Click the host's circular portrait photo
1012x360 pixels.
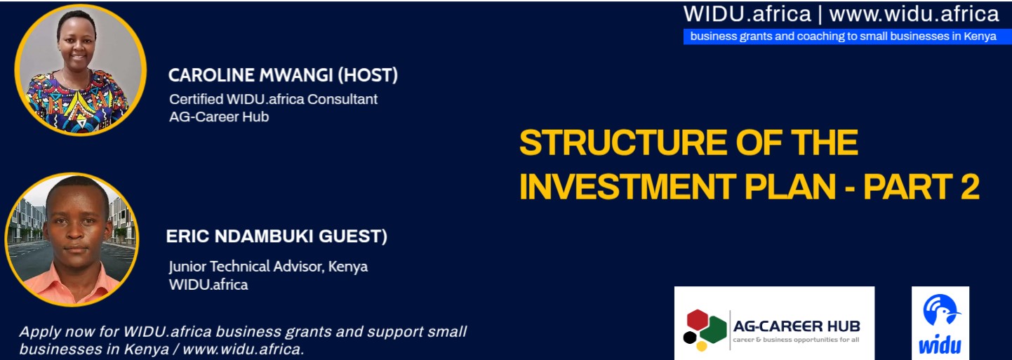(81, 70)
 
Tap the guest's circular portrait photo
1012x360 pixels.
(72, 239)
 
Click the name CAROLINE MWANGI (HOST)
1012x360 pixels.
(283, 75)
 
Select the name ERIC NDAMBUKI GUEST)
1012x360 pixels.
(277, 236)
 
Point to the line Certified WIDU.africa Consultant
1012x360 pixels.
(273, 100)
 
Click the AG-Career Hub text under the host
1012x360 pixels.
(219, 117)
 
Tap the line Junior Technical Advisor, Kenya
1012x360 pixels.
(268, 267)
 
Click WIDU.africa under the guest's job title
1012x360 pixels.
(208, 285)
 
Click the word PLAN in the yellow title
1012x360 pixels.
(790, 187)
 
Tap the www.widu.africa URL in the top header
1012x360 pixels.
(914, 14)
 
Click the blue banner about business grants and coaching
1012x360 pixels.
(847, 36)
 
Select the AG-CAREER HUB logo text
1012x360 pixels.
(797, 326)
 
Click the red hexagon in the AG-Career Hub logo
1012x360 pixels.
(697, 320)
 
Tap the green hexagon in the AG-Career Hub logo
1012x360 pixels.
(716, 330)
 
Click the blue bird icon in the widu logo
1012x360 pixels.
(941, 310)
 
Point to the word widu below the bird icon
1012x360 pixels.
(940, 345)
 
